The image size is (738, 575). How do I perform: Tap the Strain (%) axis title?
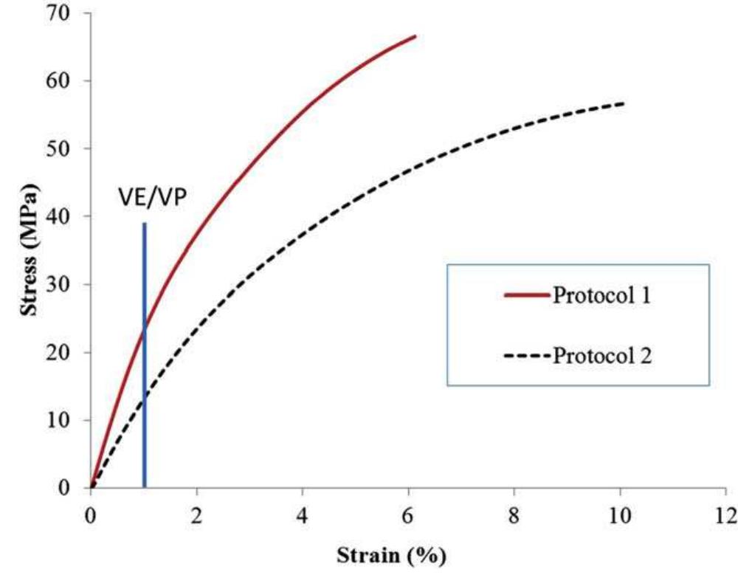tap(392, 554)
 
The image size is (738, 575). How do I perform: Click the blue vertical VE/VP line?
tap(145, 369)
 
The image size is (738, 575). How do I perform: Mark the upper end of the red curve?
tap(415, 35)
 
